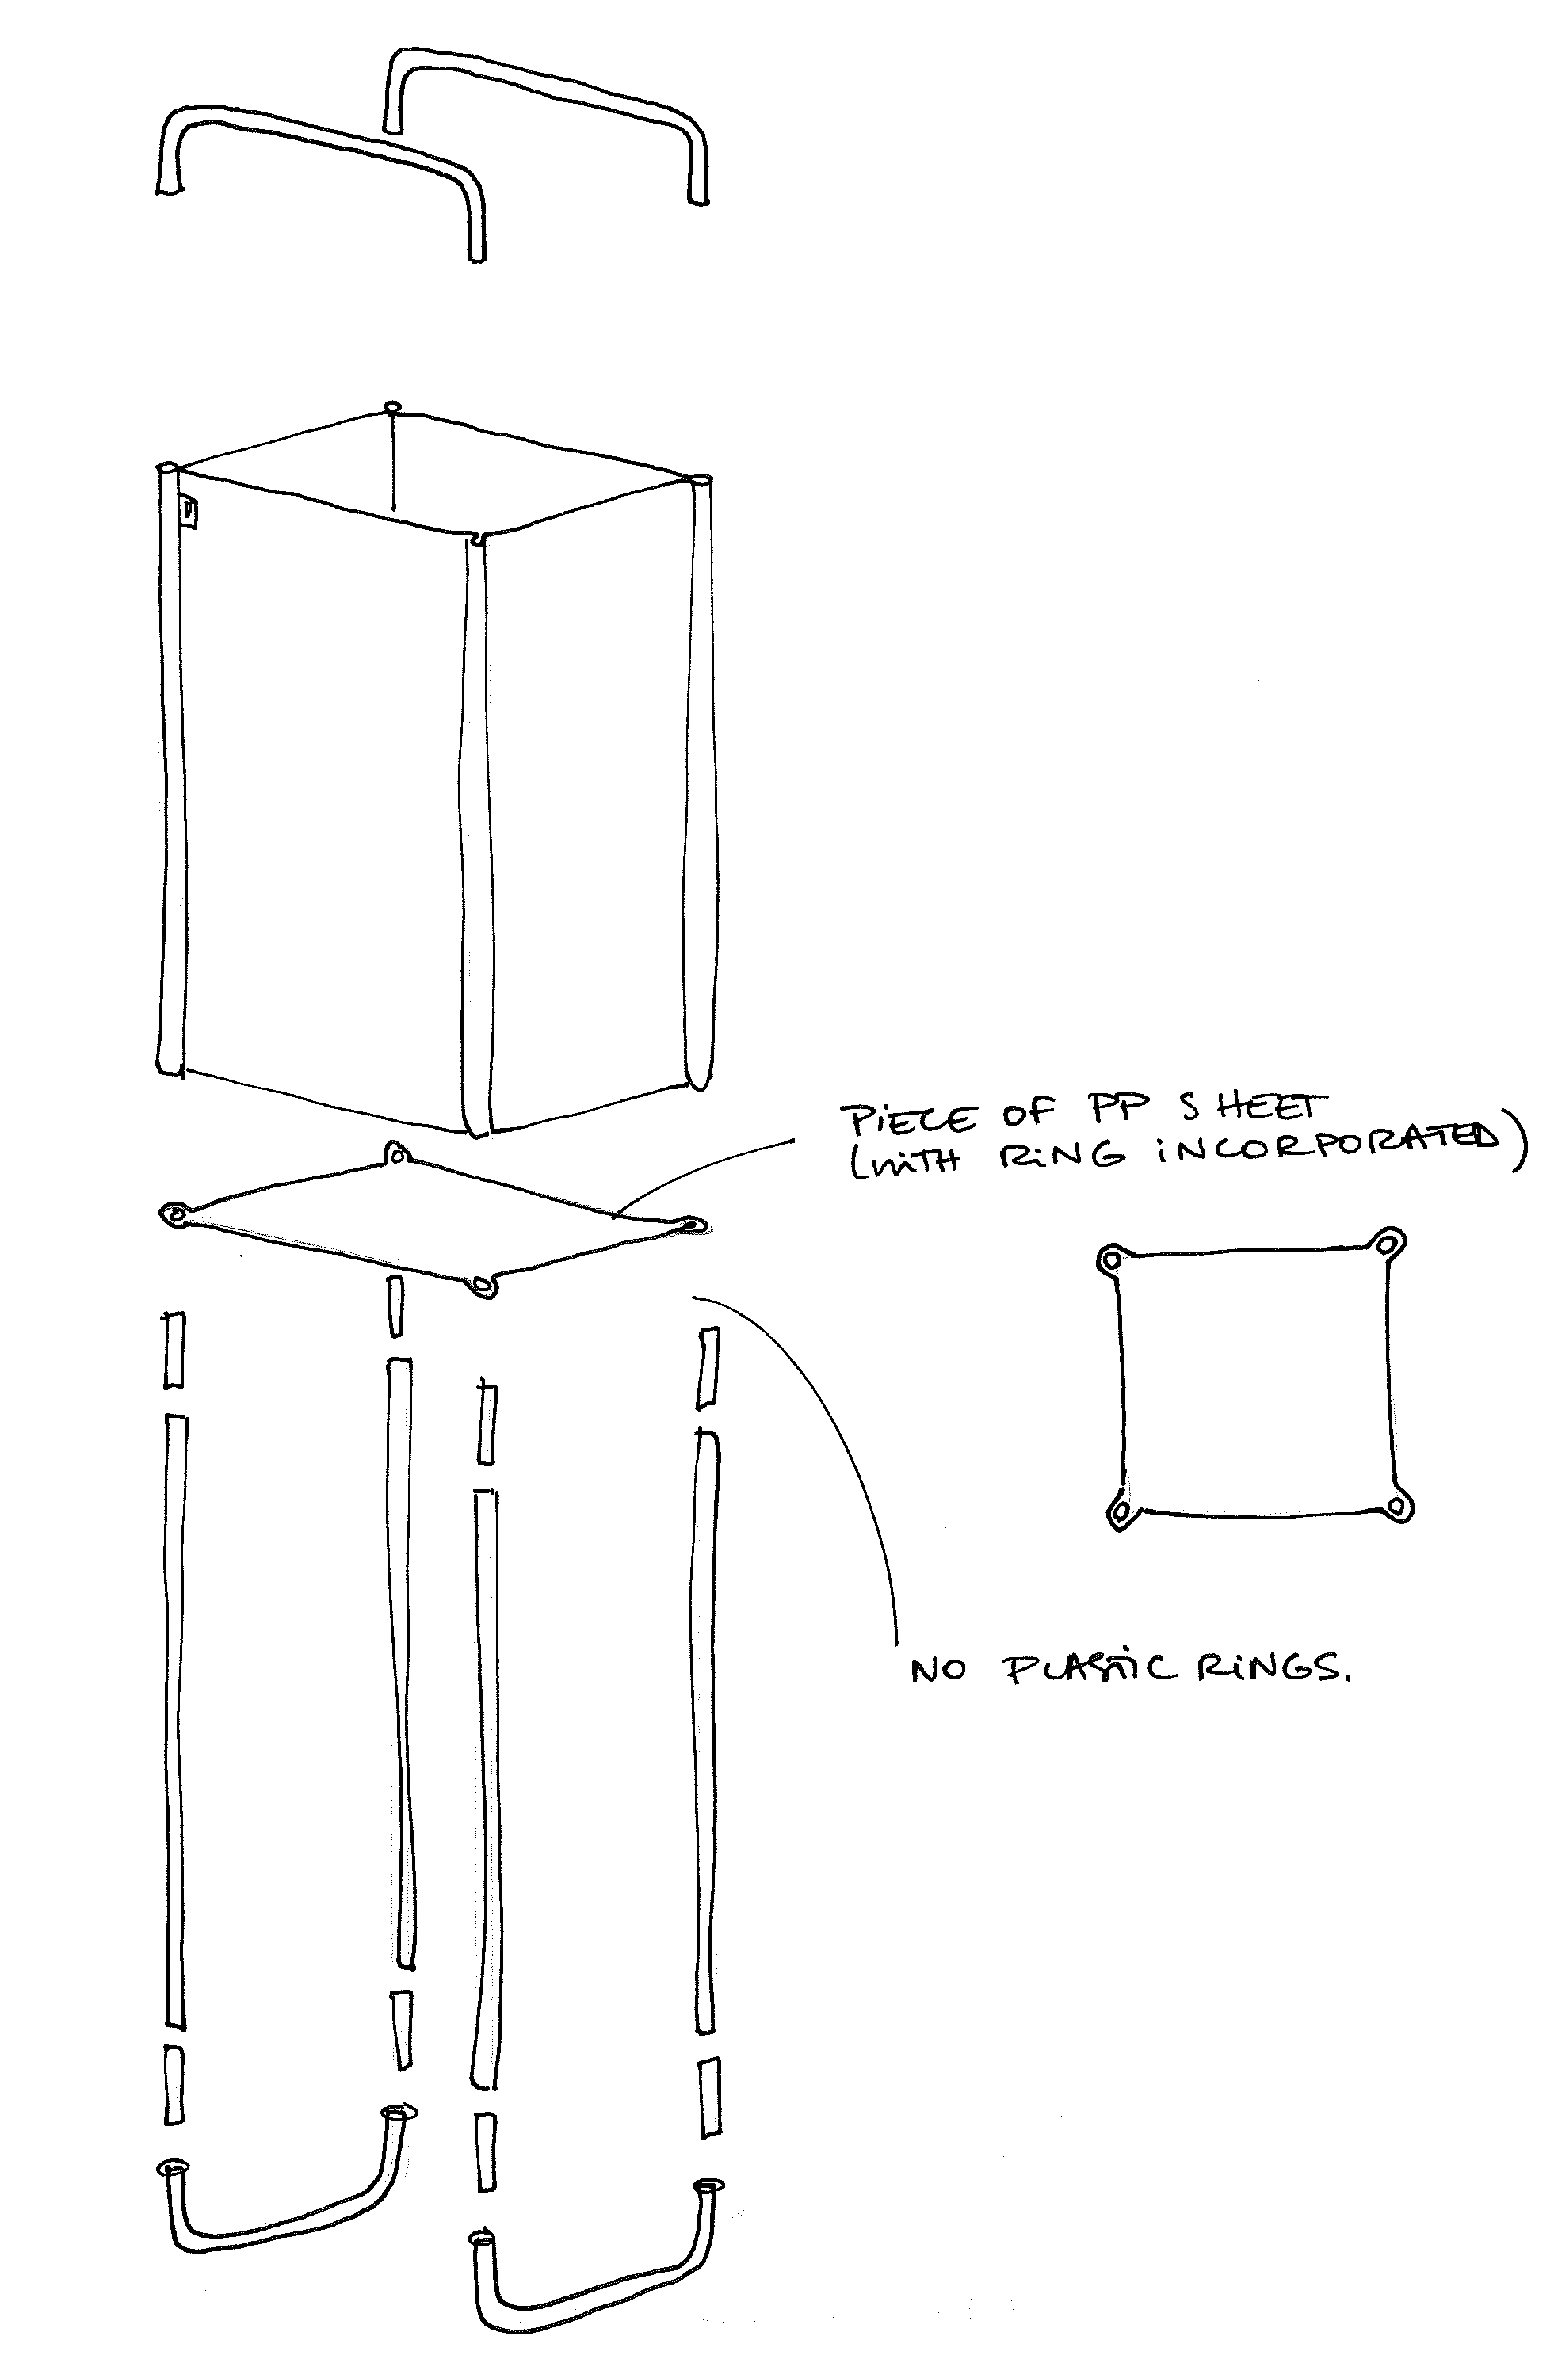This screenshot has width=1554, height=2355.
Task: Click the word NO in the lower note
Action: (x=937, y=1671)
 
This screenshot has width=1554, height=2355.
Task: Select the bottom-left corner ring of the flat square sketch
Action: (x=1120, y=1513)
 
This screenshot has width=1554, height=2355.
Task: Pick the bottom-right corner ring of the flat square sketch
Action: (x=1397, y=1506)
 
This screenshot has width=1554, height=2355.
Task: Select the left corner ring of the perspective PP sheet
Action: (x=177, y=1214)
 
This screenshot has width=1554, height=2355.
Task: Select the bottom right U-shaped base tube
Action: (x=594, y=2279)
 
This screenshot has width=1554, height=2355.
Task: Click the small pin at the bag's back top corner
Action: (x=392, y=406)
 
